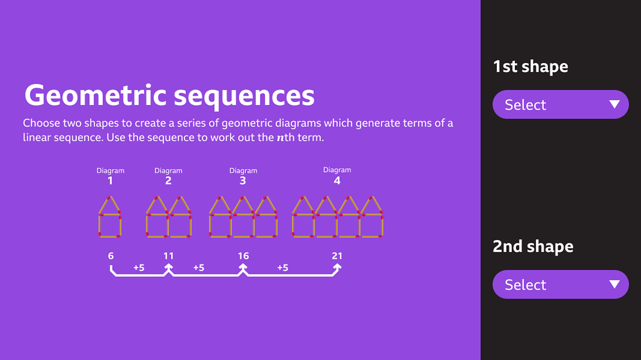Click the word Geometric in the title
(95, 95)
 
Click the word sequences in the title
(244, 97)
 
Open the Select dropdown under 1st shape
(560, 105)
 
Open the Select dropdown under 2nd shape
(560, 284)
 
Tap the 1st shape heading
(530, 67)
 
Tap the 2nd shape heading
(533, 246)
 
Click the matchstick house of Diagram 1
(110, 217)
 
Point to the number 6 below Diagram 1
(111, 256)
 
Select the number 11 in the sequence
(168, 256)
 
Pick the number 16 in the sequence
(243, 256)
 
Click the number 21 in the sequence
(337, 256)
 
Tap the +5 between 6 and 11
(139, 268)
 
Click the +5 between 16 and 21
(283, 268)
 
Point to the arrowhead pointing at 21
(338, 267)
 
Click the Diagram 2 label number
(168, 181)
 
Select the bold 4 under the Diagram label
(337, 181)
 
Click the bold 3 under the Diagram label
(243, 181)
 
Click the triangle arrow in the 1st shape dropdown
(614, 104)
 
